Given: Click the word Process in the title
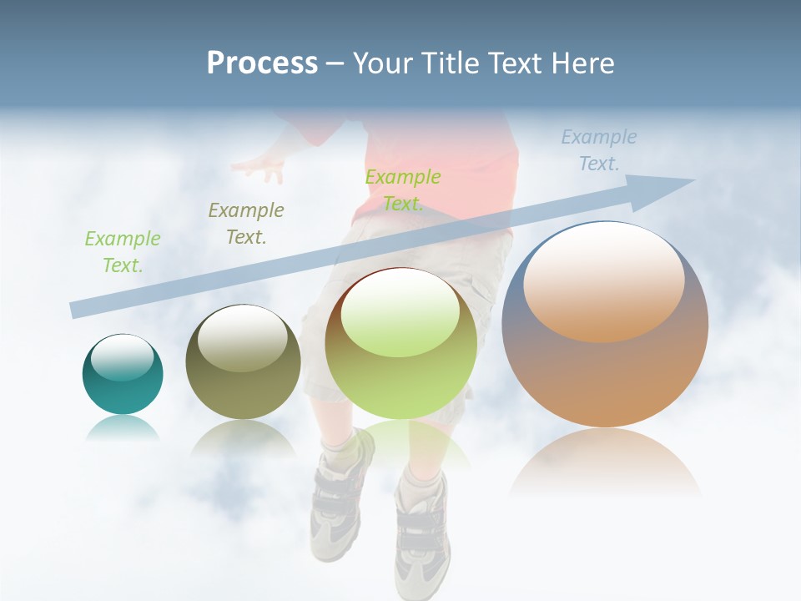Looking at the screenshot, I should pos(262,63).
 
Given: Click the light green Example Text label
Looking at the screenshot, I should pos(122,252).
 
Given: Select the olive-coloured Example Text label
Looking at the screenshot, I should pos(246,223).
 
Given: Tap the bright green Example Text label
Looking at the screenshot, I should pos(403,189).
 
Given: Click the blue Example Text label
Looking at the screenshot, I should pos(598,150).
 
